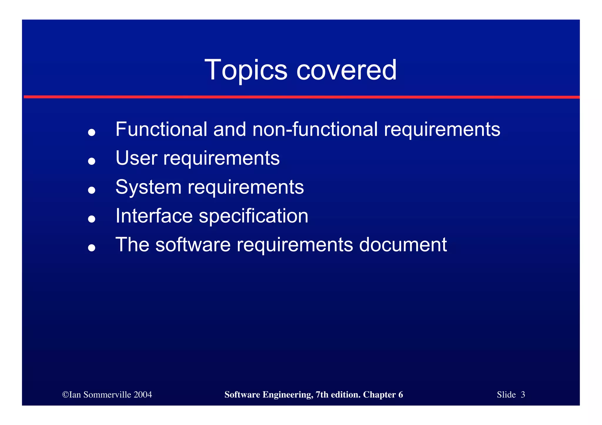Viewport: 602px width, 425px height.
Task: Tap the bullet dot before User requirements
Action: pos(92,161)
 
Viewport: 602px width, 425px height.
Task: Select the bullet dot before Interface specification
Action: pos(92,219)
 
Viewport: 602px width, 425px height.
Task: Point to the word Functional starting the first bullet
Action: pos(161,129)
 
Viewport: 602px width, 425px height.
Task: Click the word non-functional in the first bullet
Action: pos(315,129)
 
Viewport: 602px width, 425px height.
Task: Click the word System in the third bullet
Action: pos(148,187)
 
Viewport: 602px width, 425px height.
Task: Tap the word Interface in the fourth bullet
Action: pos(154,216)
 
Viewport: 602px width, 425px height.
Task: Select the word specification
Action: pos(253,216)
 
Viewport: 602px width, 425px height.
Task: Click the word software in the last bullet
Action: pos(193,245)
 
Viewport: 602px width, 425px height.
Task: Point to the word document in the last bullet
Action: pos(403,245)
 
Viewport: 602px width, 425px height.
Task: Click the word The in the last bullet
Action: pos(132,245)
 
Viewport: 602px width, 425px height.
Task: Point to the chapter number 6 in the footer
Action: pos(401,395)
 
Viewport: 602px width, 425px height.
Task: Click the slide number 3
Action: pos(523,395)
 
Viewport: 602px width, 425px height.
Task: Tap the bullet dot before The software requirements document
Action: pos(92,248)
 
